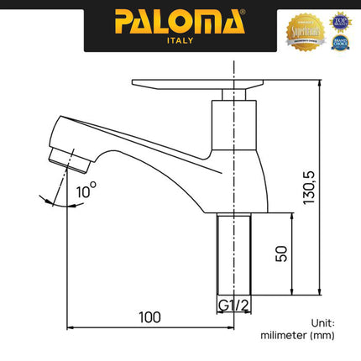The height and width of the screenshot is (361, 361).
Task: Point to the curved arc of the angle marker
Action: click(x=50, y=199)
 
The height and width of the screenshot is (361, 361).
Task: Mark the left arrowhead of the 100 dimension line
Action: click(x=70, y=327)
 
